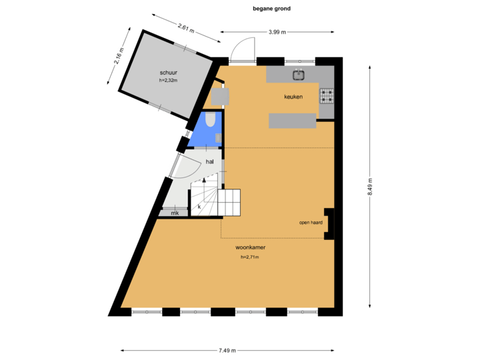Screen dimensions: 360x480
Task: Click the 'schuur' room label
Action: (168, 72)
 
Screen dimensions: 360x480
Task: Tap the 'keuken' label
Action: (293, 97)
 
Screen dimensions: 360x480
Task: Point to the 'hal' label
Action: (210, 162)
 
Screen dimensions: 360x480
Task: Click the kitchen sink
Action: (298, 75)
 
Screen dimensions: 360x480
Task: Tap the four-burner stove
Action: (327, 97)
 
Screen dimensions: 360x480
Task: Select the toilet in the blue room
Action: (209, 120)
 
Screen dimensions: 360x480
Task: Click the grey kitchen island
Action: (292, 121)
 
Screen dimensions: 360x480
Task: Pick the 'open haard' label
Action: (311, 223)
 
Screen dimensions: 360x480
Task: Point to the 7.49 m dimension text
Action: (227, 350)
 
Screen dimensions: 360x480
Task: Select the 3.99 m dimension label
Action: (277, 31)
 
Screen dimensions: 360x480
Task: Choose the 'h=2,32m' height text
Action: (169, 81)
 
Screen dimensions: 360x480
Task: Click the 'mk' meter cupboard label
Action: (175, 213)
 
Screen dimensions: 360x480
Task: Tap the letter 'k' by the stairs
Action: (199, 207)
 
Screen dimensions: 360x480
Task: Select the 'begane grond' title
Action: (271, 9)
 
